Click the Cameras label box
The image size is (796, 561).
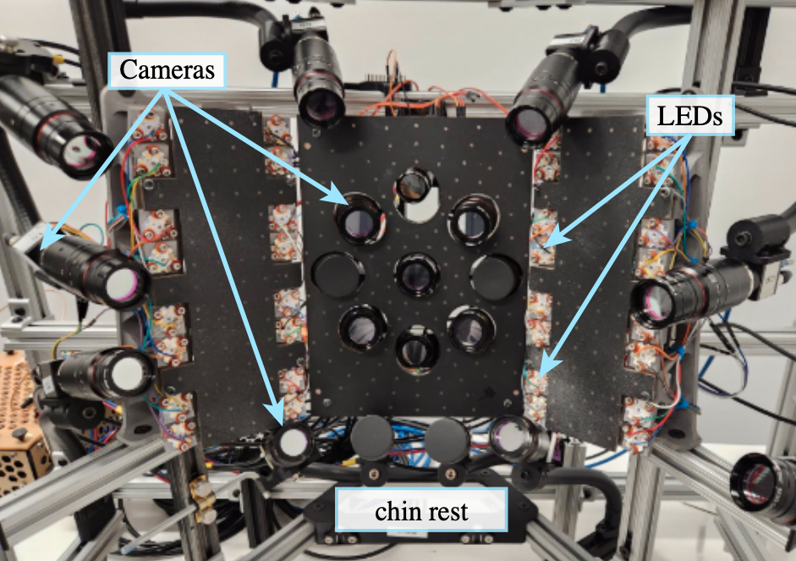[x=167, y=70]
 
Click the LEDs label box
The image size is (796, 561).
[x=689, y=115]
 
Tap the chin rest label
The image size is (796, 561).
[x=421, y=510]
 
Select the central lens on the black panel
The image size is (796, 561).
[x=418, y=275]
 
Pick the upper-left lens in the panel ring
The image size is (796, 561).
[x=360, y=218]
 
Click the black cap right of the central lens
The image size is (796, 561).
[x=496, y=278]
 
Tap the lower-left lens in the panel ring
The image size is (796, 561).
[x=364, y=328]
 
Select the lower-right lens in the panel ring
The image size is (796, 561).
[x=472, y=328]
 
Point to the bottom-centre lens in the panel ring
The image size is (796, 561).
[x=418, y=349]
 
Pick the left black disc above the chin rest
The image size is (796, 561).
[x=372, y=437]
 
